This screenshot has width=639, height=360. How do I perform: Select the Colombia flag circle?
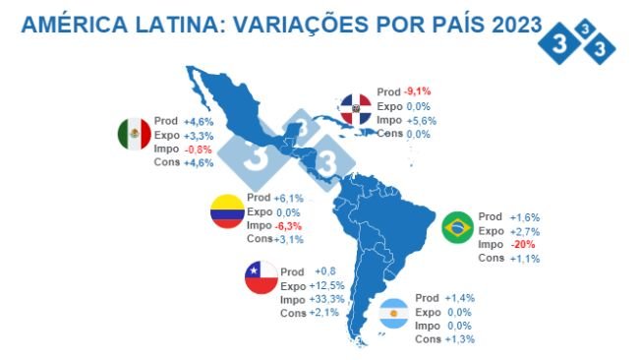[x=228, y=211]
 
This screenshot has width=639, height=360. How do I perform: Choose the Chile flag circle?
[x=262, y=278]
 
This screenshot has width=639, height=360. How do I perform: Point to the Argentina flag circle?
[x=395, y=315]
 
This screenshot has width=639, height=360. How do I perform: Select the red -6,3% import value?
[x=289, y=225]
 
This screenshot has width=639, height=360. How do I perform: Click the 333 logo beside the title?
[x=580, y=37]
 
